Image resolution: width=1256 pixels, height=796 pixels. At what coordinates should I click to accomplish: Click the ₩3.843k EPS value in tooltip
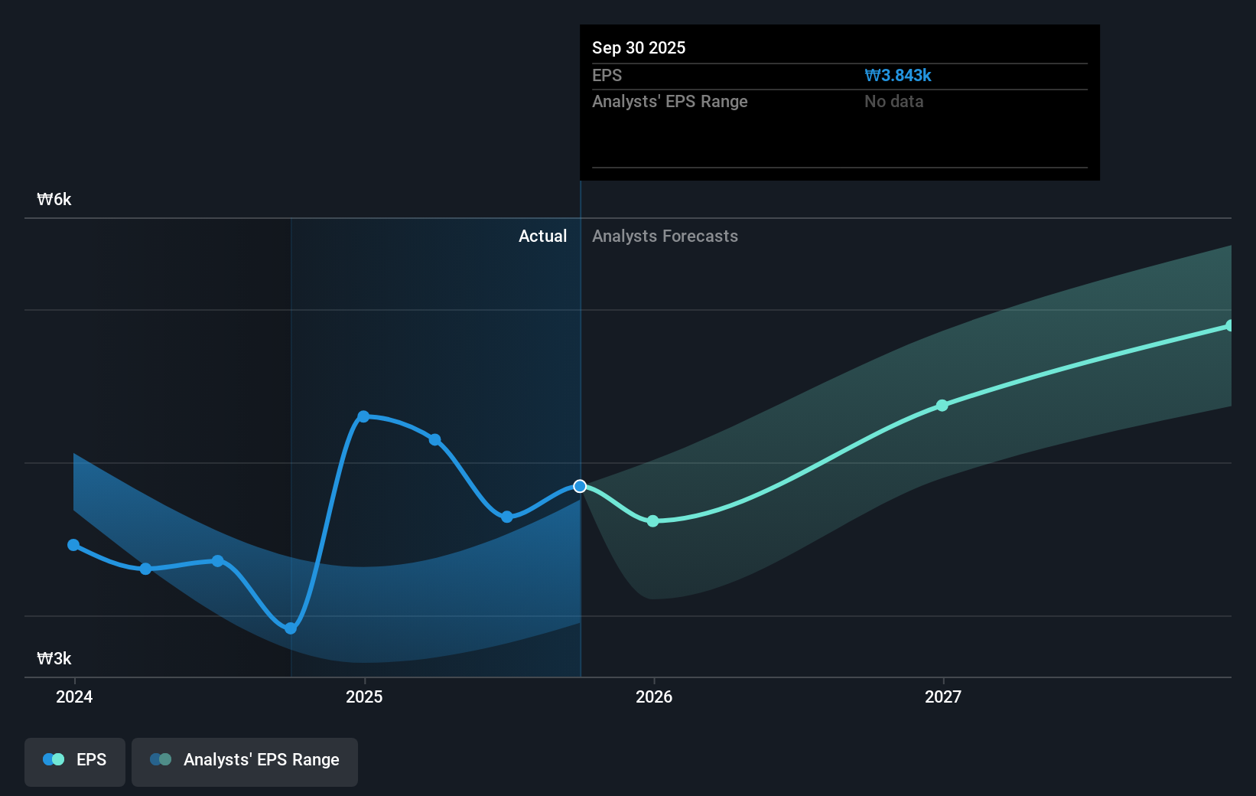coord(897,75)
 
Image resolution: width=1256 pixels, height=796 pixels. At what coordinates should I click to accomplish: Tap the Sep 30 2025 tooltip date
coord(638,47)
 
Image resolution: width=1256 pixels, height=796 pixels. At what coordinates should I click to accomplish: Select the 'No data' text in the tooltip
coord(893,101)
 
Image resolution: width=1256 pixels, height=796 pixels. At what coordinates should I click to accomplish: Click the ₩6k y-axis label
coord(54,200)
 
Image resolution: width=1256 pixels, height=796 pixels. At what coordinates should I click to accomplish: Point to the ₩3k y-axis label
coord(54,658)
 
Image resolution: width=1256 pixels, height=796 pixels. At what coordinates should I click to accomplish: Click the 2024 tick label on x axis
coord(74,696)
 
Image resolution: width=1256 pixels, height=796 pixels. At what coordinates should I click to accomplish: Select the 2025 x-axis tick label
coord(364,696)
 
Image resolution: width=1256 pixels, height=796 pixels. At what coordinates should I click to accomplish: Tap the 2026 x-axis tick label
coord(654,696)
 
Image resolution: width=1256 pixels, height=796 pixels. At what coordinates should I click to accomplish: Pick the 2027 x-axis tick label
coord(942,696)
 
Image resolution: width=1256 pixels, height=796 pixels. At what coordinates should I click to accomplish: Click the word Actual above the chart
coord(542,236)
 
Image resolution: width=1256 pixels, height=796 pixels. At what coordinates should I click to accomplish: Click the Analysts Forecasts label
coord(665,236)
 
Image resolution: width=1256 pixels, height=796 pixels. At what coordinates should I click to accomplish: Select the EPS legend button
coord(75,761)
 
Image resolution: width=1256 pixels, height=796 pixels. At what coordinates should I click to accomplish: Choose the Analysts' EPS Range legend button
coord(245,761)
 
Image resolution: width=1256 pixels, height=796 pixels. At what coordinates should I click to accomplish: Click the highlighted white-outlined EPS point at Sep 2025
coord(580,486)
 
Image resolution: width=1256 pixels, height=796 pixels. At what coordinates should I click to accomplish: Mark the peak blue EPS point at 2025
coord(363,416)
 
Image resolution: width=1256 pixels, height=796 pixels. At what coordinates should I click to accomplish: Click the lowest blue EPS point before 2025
coord(291,628)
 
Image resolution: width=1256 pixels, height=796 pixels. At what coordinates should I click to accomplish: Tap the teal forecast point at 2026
coord(652,521)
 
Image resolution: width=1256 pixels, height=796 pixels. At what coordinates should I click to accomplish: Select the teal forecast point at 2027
coord(942,406)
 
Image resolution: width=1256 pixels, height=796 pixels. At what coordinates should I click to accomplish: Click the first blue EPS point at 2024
coord(73,545)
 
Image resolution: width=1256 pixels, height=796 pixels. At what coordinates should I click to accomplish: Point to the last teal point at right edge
coord(1229,326)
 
